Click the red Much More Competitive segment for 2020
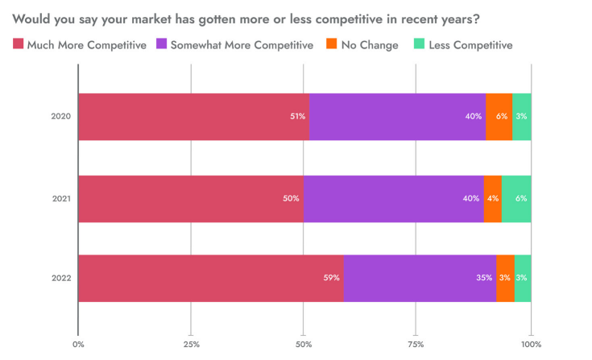pos(193,117)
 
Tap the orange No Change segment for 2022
pos(505,278)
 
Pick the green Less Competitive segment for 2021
pos(516,198)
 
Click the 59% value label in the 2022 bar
pos(331,278)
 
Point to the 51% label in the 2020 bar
pos(298,117)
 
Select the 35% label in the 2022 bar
pos(484,278)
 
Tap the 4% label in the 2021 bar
pos(493,198)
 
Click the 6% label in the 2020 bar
pos(502,117)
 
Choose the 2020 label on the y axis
pos(61,117)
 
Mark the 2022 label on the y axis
pos(61,278)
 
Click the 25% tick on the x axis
pos(191,344)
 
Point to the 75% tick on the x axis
pos(416,344)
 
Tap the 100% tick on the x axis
pos(530,344)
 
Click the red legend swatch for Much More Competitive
pos(19,44)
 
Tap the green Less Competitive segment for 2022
pos(523,278)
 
